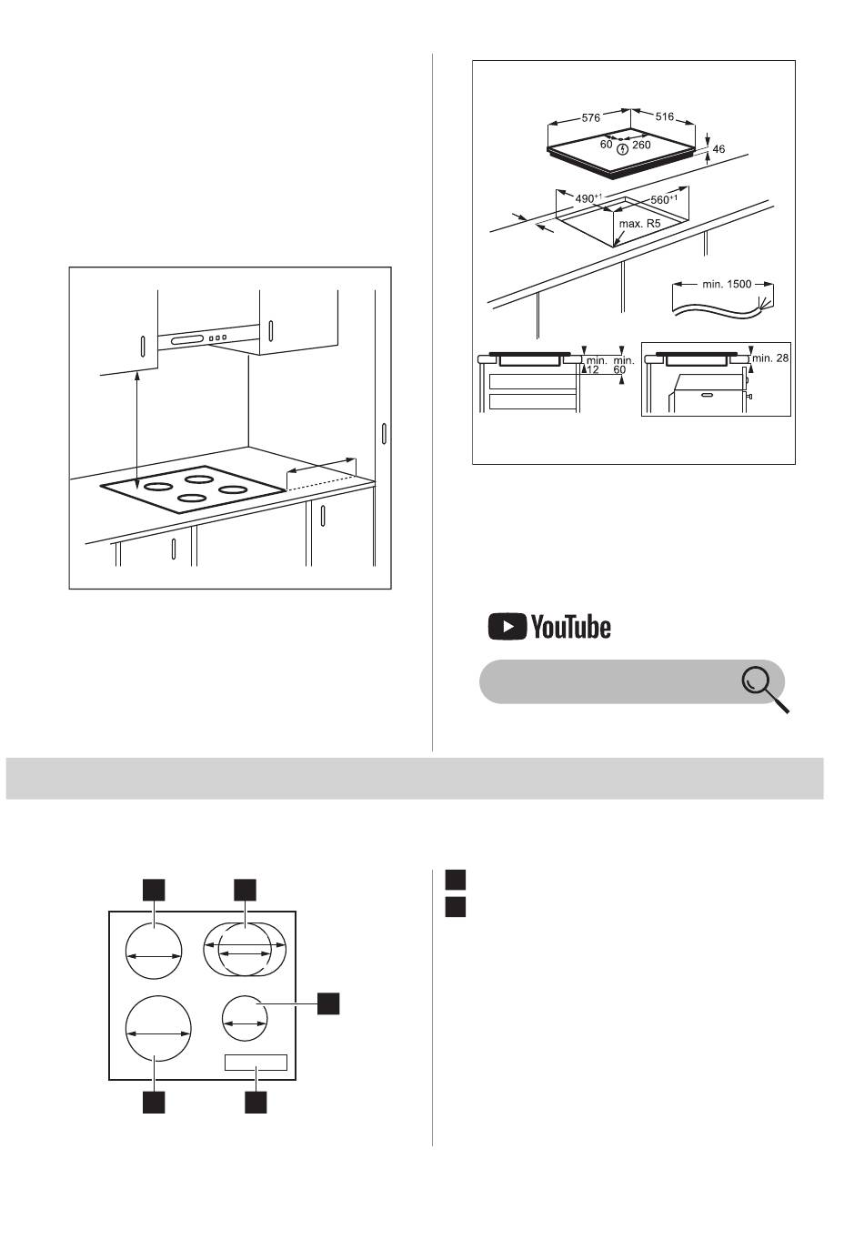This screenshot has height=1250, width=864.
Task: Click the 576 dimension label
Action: point(590,117)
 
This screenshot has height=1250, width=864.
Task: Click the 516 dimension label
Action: point(664,116)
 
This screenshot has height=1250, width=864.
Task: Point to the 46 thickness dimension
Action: point(718,149)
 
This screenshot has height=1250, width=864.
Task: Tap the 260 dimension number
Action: point(641,145)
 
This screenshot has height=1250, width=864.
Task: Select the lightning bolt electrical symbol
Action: point(623,149)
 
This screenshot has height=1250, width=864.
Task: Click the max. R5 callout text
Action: point(639,224)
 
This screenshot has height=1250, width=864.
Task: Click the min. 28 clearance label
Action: point(769,358)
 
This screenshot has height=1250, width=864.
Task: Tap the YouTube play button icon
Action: point(507,627)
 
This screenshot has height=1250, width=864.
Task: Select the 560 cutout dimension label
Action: point(664,199)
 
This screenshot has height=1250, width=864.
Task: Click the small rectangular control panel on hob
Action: point(256,1063)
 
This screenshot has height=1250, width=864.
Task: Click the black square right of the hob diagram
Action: point(328,1003)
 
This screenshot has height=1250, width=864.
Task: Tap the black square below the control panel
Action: point(256,1102)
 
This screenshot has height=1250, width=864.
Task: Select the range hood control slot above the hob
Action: point(186,340)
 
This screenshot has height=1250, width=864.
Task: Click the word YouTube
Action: point(570,627)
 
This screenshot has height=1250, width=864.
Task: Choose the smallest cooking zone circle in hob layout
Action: point(245,1018)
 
